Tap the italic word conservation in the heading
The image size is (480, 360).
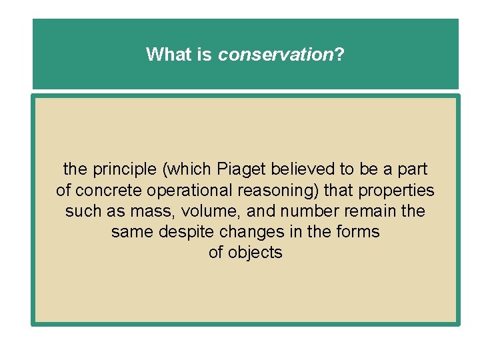[275, 54]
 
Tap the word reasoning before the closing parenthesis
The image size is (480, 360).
[281, 191]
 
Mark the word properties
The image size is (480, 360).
[396, 191]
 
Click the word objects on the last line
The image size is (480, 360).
[255, 253]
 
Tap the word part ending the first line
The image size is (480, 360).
[413, 169]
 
